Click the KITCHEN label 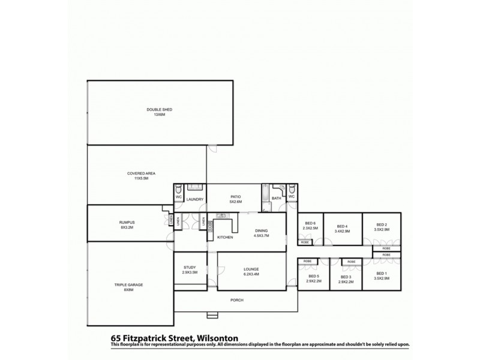[224, 238]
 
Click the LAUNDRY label [196, 199]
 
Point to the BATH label [276, 198]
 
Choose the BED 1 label [382, 276]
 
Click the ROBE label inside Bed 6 [305, 242]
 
